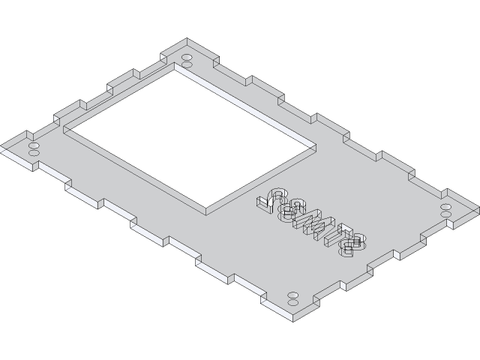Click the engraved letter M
310,221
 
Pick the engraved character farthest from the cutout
352,242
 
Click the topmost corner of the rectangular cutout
177,64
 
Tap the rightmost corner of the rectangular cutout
314,144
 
